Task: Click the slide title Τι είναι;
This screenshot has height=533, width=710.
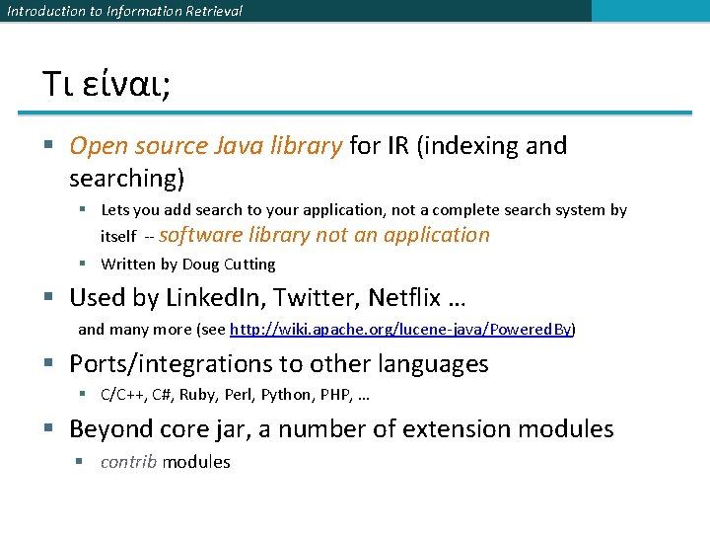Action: point(106,84)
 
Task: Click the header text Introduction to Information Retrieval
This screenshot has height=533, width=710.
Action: point(124,11)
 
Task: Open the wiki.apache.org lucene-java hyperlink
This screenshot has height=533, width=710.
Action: point(401,329)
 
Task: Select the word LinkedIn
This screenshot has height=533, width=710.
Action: point(206,297)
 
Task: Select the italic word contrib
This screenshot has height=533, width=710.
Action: point(128,462)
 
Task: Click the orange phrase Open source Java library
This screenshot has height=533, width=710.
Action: point(205,146)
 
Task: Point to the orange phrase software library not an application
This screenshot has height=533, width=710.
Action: point(323,235)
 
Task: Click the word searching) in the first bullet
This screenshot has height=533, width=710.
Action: point(127,179)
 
